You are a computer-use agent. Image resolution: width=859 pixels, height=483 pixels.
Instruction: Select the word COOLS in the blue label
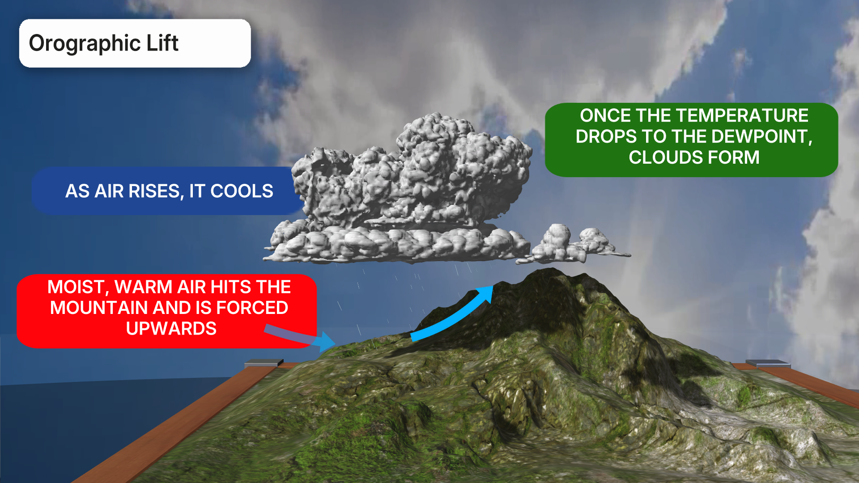pos(242,191)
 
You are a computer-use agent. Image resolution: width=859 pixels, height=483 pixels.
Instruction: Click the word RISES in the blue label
pos(155,191)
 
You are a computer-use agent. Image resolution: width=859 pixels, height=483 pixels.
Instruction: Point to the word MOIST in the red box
pos(77,287)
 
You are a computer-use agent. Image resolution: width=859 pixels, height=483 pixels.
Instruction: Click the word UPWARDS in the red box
pos(171,329)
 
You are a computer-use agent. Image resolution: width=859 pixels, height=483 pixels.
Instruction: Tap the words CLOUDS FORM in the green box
pos(694,157)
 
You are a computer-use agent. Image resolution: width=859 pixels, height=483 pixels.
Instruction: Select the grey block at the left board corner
pos(264,363)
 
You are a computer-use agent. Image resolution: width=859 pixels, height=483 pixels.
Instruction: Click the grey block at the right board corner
pos(768,364)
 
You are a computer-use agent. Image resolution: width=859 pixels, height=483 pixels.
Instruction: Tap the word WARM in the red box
pos(144,287)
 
